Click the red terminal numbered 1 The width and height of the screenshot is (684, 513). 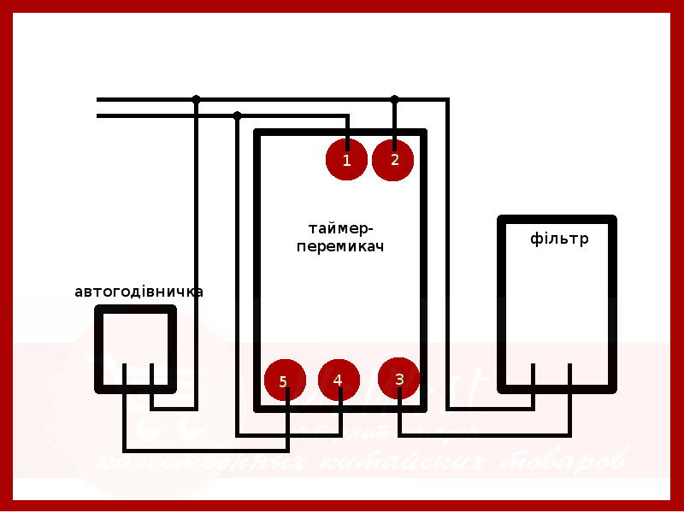coord(346,159)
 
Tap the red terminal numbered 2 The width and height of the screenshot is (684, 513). coord(393,159)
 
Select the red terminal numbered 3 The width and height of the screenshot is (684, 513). coord(399,379)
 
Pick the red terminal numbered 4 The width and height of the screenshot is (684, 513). coord(339,380)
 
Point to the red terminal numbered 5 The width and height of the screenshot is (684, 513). coord(285,381)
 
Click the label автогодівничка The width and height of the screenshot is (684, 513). coord(139,292)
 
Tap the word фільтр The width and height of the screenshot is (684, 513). coord(559,239)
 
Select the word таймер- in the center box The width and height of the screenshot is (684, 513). coord(340,228)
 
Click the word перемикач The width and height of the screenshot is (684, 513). coord(340,246)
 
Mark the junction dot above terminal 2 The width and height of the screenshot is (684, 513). coord(394,99)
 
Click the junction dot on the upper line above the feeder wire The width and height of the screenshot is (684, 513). coord(197,99)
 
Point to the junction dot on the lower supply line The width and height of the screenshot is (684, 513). coord(238,115)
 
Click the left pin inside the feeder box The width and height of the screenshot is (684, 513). coord(125,376)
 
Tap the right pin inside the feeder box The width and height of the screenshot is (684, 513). coord(152,376)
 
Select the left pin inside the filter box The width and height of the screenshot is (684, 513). coord(534,376)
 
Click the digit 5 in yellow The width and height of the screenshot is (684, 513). coord(283,382)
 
